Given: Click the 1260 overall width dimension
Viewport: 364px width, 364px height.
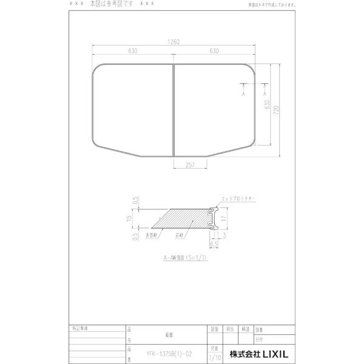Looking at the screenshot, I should [174, 42].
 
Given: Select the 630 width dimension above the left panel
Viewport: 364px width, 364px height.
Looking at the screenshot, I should [133, 52].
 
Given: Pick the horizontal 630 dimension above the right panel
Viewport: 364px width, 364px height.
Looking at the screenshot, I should [214, 52].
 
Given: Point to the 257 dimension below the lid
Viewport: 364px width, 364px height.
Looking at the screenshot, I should [189, 165].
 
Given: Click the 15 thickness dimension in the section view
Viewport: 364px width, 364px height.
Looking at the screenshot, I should [137, 217].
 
